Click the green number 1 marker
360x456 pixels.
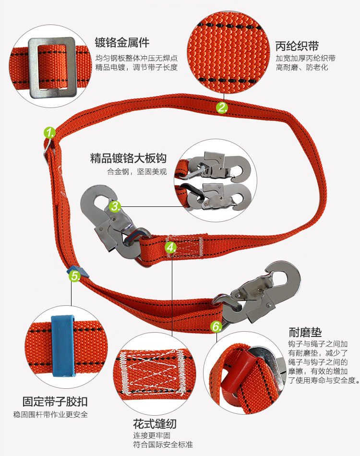point(50,132)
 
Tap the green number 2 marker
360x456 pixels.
point(222,108)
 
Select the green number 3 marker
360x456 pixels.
point(115,206)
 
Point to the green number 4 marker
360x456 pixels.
point(171,248)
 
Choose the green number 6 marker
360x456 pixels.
point(216,326)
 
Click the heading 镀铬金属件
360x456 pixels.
point(122,42)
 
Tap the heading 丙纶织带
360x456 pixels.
point(297,46)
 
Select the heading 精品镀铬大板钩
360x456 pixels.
point(128,158)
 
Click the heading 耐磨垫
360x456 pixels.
point(305,332)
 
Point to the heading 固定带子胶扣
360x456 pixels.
point(55,402)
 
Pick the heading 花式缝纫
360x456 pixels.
point(155,424)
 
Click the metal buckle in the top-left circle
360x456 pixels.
point(52,68)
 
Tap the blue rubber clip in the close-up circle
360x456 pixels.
point(63,347)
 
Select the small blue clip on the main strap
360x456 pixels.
point(78,272)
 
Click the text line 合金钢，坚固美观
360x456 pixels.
point(137,171)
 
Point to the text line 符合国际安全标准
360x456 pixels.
point(163,444)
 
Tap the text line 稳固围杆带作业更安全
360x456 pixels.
point(50,414)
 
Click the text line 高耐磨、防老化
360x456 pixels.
point(302,68)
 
